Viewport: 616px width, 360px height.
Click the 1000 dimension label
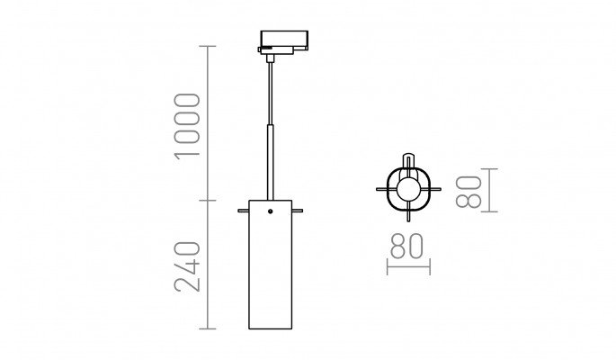pyautogui.click(x=187, y=126)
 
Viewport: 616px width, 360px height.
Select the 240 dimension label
pyautogui.click(x=187, y=266)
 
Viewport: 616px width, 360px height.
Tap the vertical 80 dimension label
pyautogui.click(x=469, y=192)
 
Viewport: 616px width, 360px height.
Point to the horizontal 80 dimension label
pyautogui.click(x=406, y=246)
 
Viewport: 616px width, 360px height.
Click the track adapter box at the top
pyautogui.click(x=284, y=41)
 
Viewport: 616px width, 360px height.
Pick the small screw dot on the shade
pyautogui.click(x=271, y=211)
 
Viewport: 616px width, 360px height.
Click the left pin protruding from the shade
pyautogui.click(x=243, y=211)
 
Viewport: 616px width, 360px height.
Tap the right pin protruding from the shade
pyautogui.click(x=298, y=211)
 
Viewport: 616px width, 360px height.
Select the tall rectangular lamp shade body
pyautogui.click(x=271, y=265)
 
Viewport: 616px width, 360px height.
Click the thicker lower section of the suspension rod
pyautogui.click(x=271, y=162)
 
